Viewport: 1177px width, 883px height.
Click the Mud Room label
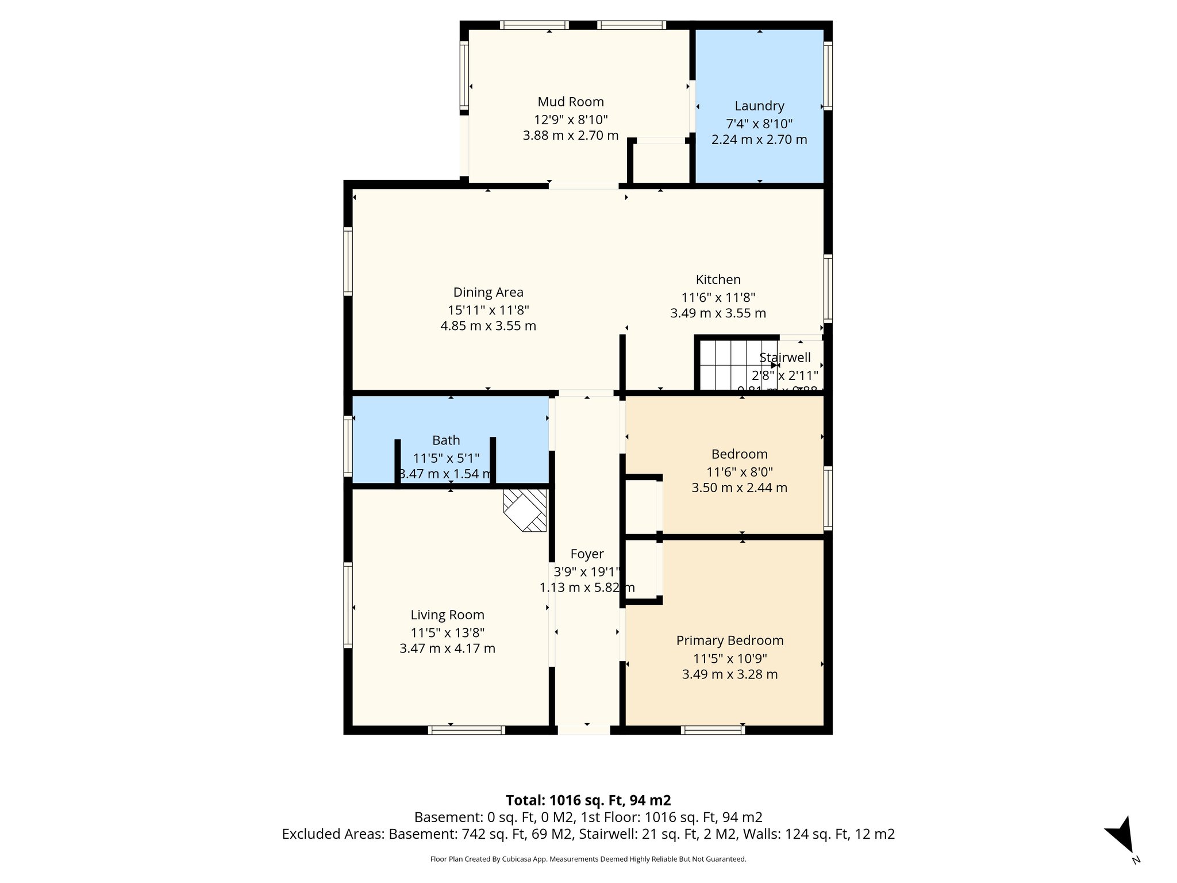coord(570,102)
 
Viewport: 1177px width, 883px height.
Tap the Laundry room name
coord(759,106)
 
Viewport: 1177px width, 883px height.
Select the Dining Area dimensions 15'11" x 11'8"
coord(488,310)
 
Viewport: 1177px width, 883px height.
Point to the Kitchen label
coord(718,279)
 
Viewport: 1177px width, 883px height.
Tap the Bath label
coord(446,440)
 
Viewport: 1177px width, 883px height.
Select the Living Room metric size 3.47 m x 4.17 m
coord(447,648)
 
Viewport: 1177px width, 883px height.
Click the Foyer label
coord(587,554)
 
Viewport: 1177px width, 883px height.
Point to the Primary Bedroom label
coord(729,640)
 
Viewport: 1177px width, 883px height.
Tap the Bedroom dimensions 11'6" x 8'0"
coord(739,472)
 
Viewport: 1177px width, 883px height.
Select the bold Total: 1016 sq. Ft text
coord(588,800)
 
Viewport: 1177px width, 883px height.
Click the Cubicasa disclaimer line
coord(588,859)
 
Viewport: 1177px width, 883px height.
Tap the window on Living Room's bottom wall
coord(467,730)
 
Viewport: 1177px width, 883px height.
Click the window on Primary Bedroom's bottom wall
coord(713,730)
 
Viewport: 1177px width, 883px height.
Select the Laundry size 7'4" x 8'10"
coord(759,124)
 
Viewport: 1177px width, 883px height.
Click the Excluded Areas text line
coord(588,834)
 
